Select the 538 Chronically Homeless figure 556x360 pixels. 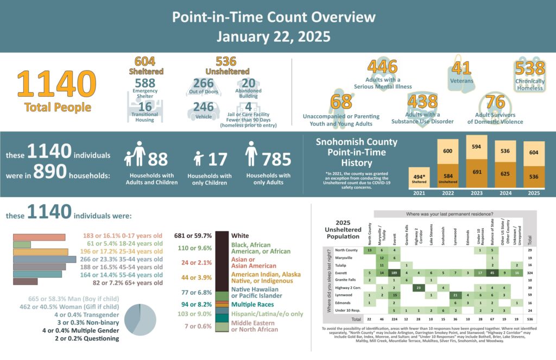[530, 68]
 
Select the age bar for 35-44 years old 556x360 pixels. [44, 260]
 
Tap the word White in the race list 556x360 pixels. [240, 236]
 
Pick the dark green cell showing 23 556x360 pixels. [418, 287]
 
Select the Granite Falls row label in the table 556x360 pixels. [346, 280]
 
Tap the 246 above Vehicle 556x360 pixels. [204, 107]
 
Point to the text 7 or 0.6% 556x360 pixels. [198, 326]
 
